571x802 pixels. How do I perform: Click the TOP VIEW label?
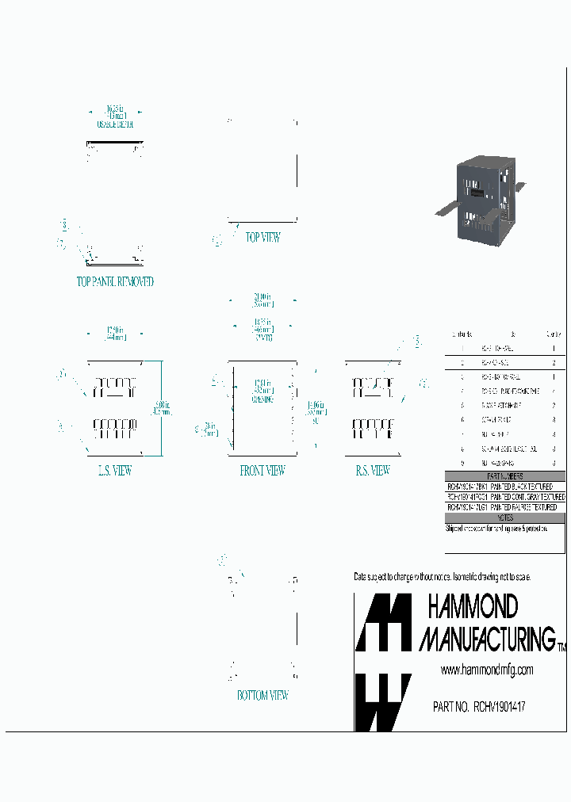click(263, 237)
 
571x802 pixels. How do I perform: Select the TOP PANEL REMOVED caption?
click(115, 281)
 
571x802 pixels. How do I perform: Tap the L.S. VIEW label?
click(114, 471)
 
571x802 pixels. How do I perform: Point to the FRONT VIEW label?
click(263, 471)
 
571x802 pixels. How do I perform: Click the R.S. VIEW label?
click(373, 471)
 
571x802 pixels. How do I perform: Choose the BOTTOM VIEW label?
click(263, 695)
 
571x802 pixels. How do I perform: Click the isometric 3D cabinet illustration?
click(480, 199)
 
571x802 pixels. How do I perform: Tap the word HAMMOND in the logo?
click(473, 607)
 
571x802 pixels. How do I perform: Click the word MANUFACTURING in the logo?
click(487, 638)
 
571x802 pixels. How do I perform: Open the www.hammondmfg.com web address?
click(486, 670)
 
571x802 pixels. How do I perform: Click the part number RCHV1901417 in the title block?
click(479, 706)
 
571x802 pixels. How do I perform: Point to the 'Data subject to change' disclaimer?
click(442, 576)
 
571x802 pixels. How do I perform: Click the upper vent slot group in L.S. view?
click(115, 388)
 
